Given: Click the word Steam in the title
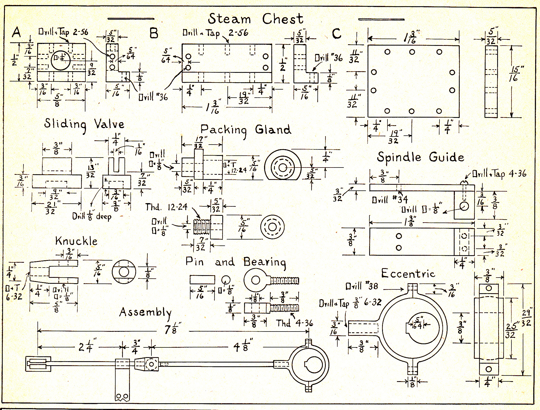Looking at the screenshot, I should pyautogui.click(x=229, y=19).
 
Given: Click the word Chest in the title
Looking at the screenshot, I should pyautogui.click(x=283, y=19).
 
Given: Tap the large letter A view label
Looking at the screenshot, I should pyautogui.click(x=16, y=32).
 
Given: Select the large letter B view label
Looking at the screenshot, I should pyautogui.click(x=154, y=34).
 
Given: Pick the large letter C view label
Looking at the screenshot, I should pyautogui.click(x=337, y=34).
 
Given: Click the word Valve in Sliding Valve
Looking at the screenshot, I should pyautogui.click(x=109, y=124).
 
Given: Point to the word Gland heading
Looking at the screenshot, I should pyautogui.click(x=273, y=130).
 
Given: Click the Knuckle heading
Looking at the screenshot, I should pyautogui.click(x=76, y=241).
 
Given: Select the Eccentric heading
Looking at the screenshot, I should pyautogui.click(x=408, y=274).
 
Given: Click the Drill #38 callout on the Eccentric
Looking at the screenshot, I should pyautogui.click(x=362, y=286).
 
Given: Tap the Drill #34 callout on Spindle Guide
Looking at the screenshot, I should pyautogui.click(x=390, y=200).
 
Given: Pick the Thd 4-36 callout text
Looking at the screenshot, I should pyautogui.click(x=294, y=323).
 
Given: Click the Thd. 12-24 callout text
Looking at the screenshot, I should pyautogui.click(x=166, y=207).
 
